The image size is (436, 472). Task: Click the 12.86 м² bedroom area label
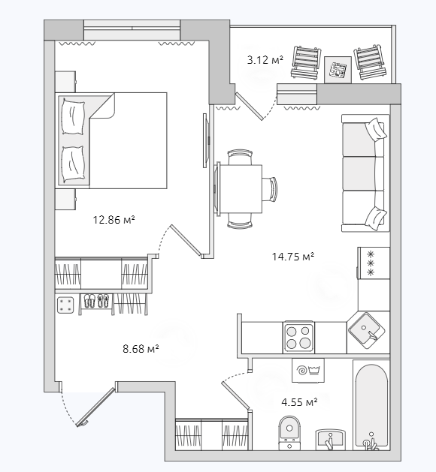pyautogui.click(x=114, y=220)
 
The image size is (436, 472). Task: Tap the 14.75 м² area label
pyautogui.click(x=293, y=257)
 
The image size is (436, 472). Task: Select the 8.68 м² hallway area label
pyautogui.click(x=141, y=349)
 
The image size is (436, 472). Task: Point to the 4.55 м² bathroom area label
pyautogui.click(x=299, y=402)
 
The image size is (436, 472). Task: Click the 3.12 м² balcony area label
pyautogui.click(x=265, y=60)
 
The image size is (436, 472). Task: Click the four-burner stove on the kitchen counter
pyautogui.click(x=298, y=337)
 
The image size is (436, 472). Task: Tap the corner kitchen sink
pyautogui.click(x=367, y=330)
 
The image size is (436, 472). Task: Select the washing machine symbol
pyautogui.click(x=308, y=370)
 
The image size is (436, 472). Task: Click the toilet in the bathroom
pyautogui.click(x=289, y=432)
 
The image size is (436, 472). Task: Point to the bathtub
pyautogui.click(x=371, y=405)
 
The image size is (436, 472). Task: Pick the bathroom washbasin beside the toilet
pyautogui.click(x=330, y=440)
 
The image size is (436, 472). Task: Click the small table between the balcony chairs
pyautogui.click(x=338, y=70)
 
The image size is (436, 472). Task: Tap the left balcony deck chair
pyautogui.click(x=306, y=63)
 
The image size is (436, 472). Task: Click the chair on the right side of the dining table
pyautogui.click(x=270, y=189)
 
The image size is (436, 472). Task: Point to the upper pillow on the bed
pyautogui.click(x=73, y=117)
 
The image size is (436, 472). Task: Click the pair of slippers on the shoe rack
pyautogui.click(x=96, y=301)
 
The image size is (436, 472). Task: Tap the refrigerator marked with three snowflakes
pyautogui.click(x=374, y=263)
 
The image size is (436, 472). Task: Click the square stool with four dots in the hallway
pyautogui.click(x=65, y=305)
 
